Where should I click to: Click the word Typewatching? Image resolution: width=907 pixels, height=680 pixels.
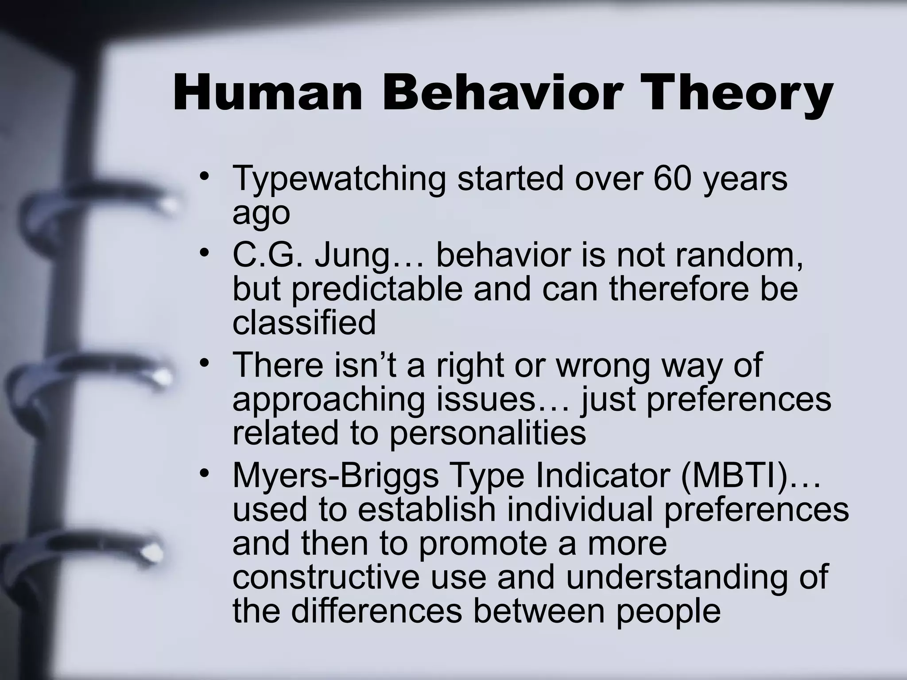[x=339, y=179]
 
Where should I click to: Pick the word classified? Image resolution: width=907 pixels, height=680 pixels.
[x=304, y=323]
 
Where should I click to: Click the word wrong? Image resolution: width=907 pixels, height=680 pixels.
[x=605, y=365]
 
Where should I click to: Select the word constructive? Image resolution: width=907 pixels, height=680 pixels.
[x=326, y=577]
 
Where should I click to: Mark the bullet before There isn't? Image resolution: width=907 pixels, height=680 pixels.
[x=204, y=363]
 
